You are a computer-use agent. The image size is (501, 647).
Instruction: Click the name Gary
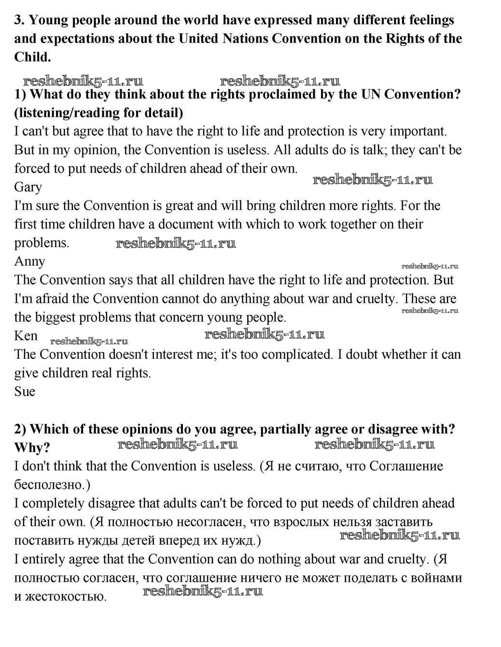28,187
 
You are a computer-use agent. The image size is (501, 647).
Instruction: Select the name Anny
29,262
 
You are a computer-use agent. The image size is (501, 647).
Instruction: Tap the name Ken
26,336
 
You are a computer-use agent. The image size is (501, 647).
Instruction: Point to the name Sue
25,392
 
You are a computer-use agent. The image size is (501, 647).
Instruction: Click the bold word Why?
32,448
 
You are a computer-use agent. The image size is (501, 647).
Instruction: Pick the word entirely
43,560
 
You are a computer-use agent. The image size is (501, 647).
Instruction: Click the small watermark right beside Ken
89,341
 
